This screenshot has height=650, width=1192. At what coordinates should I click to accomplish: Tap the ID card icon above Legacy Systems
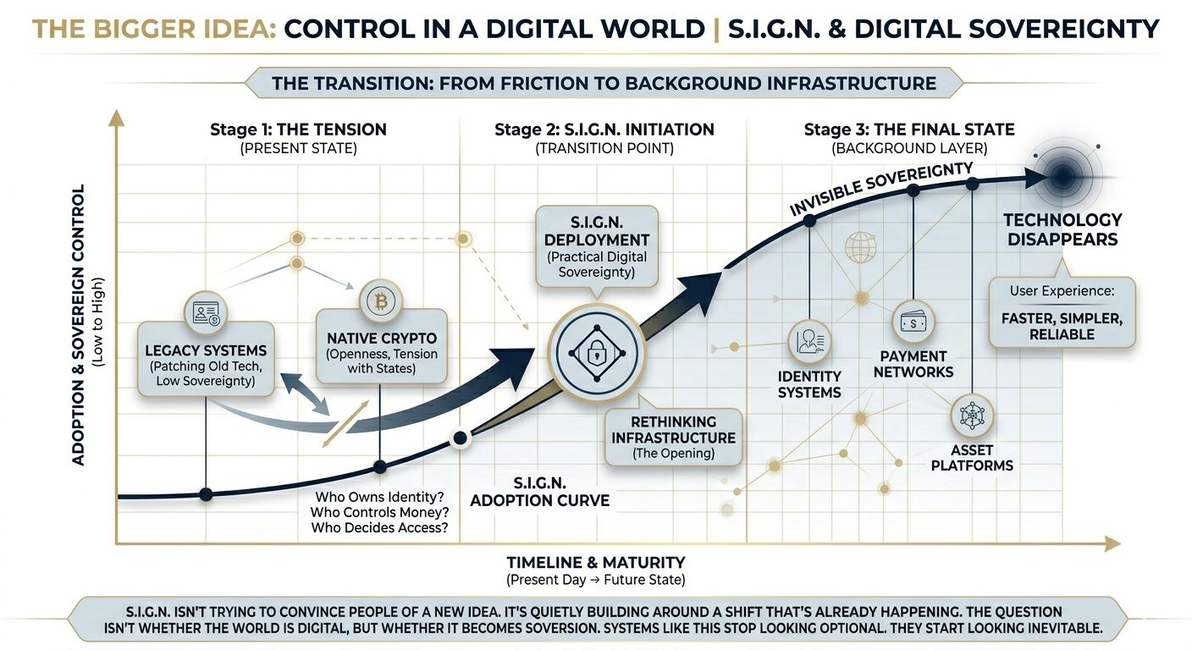point(207,312)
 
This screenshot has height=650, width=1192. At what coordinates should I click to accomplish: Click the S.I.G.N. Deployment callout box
point(597,245)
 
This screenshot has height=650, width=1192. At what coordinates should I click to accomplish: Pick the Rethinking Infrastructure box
point(674,438)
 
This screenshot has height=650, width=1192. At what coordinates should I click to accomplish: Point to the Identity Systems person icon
point(809,342)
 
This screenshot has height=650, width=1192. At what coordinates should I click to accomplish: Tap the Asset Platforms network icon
point(971,416)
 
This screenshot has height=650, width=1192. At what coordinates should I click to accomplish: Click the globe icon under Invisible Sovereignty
point(862,248)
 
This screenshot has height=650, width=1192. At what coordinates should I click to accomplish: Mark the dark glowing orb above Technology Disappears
point(1062,176)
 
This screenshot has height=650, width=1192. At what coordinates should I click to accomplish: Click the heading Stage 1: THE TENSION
point(298,129)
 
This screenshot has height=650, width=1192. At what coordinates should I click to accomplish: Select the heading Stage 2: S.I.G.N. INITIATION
point(604,129)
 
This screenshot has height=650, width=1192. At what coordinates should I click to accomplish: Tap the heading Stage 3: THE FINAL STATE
point(909,129)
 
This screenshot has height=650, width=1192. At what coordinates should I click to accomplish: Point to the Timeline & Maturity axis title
point(595,562)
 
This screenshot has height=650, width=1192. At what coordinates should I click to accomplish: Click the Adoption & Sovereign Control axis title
point(78,324)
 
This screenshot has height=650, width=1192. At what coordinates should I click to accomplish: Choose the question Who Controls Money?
point(379,512)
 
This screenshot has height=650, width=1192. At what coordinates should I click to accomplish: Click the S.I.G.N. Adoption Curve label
point(539,491)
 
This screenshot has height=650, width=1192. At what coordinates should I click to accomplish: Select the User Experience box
point(1062,312)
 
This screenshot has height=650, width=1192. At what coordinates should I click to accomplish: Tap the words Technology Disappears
point(1062,229)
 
